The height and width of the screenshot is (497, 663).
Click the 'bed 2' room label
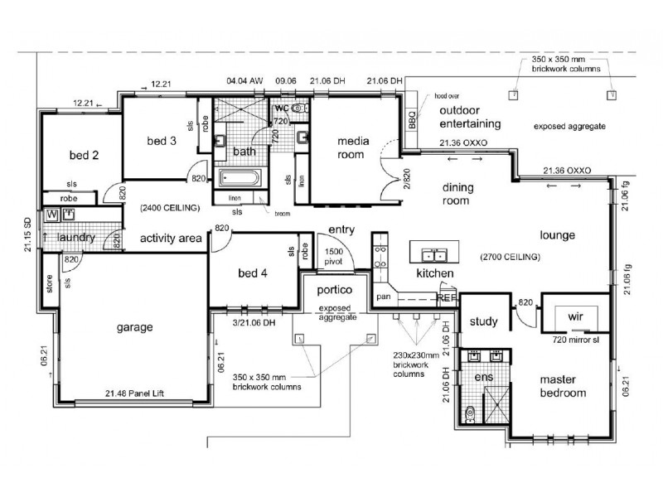click(84, 155)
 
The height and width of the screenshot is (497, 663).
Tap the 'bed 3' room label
click(162, 141)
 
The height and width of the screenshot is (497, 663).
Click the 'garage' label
click(134, 327)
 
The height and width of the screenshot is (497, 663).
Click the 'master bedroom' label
click(564, 386)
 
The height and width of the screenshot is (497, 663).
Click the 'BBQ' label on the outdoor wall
click(414, 121)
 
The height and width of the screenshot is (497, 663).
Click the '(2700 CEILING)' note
click(510, 258)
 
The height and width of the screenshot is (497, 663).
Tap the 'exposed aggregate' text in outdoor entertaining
click(569, 127)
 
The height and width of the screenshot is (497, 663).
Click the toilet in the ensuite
click(470, 411)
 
